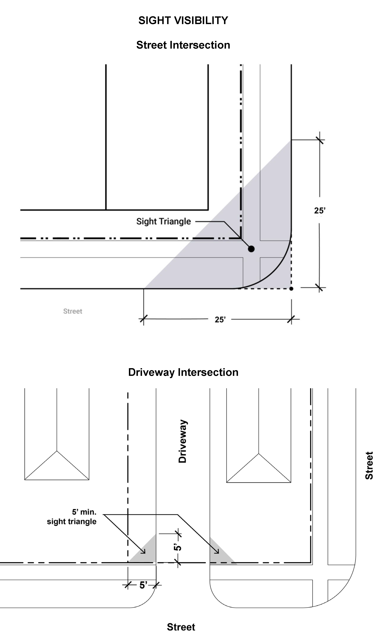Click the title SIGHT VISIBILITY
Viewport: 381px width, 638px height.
point(183,21)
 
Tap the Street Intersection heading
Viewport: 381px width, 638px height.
point(183,45)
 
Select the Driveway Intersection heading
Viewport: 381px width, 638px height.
point(183,372)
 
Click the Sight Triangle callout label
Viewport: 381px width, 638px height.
point(164,221)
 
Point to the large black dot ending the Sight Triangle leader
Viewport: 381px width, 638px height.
point(251,249)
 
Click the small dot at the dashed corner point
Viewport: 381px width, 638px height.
point(291,289)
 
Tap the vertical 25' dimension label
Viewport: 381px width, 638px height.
point(320,211)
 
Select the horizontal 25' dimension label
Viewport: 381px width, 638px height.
point(220,320)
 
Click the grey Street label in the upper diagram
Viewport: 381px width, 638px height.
point(73,311)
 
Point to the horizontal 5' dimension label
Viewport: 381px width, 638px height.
point(143,585)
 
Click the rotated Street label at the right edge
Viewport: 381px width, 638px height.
point(369,466)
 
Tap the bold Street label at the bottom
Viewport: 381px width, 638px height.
point(181,627)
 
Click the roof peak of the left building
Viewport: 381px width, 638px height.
point(57,451)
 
